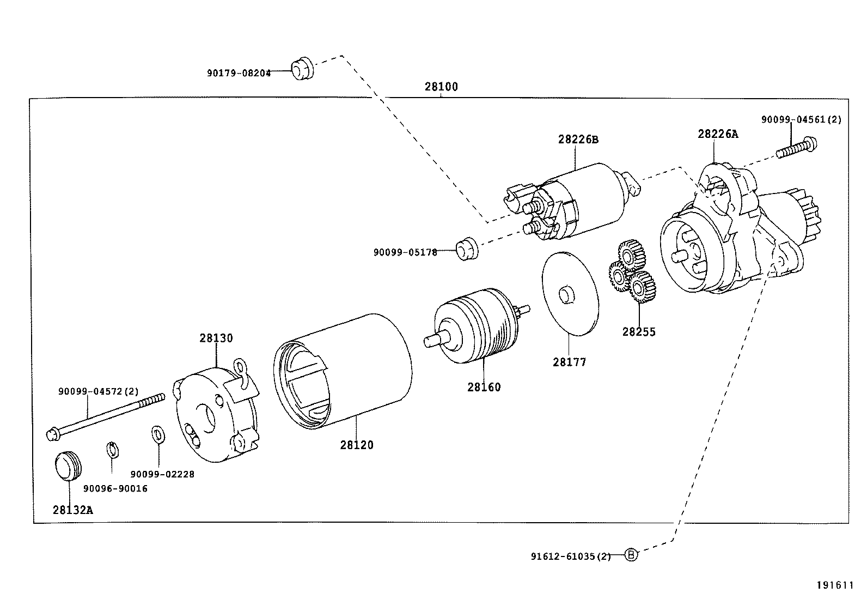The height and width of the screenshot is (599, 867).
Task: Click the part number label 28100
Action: click(x=441, y=87)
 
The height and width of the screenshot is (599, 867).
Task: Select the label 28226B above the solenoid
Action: click(x=578, y=140)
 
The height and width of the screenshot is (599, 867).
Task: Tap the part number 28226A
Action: click(x=718, y=134)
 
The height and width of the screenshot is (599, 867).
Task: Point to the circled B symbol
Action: click(x=631, y=555)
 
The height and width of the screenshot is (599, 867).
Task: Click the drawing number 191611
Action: click(x=834, y=585)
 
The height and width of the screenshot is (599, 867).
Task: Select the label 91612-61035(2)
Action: click(x=570, y=556)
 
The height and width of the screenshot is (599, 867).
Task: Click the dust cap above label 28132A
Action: click(x=68, y=466)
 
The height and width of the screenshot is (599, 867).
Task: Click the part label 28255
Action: click(x=639, y=332)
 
